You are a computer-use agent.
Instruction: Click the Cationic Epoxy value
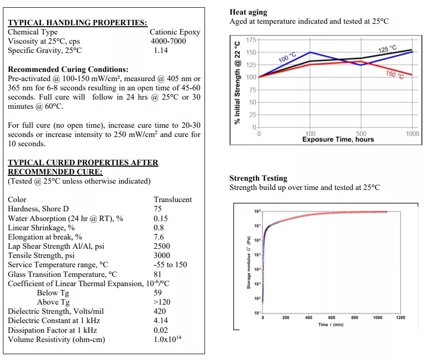[175, 32]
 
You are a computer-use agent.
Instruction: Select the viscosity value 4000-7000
[169, 41]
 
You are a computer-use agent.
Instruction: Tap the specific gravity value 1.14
[161, 51]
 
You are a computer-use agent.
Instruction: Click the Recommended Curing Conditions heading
[68, 69]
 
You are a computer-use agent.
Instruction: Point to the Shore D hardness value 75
[157, 209]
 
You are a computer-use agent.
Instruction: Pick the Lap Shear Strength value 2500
[162, 246]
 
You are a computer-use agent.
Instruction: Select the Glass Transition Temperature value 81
[157, 274]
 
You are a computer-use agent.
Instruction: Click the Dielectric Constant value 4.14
[160, 321]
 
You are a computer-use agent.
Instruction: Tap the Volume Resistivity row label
[56, 340]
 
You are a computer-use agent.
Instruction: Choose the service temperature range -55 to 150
[171, 265]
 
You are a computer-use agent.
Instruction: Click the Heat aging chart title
[248, 12]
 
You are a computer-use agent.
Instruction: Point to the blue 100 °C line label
[288, 57]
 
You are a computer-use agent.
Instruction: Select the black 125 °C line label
[387, 49]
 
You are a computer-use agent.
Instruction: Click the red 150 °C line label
[394, 74]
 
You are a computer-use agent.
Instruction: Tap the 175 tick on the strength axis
[251, 40]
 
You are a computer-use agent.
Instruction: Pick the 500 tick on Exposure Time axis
[361, 134]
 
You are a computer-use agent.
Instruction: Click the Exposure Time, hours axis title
[338, 139]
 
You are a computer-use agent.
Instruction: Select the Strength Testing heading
[258, 178]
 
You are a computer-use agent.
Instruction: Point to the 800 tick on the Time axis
[355, 318]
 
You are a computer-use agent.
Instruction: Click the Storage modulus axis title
[248, 262]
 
